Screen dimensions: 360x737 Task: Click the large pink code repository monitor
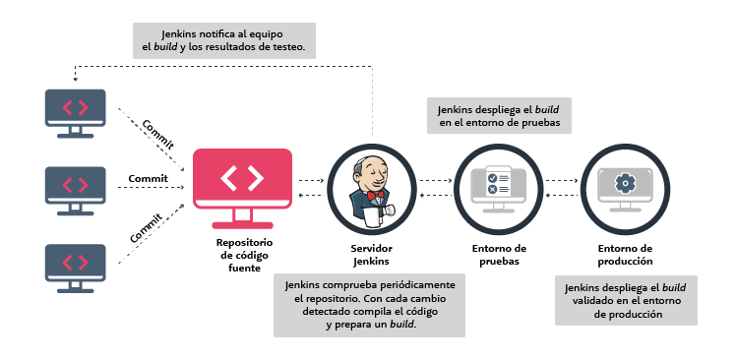(242, 180)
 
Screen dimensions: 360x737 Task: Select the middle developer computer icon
(75, 183)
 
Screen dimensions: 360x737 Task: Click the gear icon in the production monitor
(623, 182)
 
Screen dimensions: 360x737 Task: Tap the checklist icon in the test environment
(498, 183)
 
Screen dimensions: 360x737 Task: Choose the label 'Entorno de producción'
(625, 255)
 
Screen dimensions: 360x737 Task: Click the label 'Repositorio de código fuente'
(244, 255)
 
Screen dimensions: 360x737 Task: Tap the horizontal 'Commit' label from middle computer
(149, 178)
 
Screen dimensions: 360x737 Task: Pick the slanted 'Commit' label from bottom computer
(147, 227)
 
